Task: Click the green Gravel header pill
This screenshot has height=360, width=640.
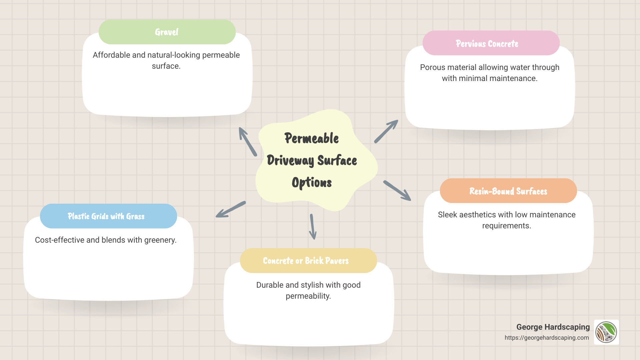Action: tap(167, 32)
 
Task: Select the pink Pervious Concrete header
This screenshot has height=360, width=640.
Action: tap(491, 43)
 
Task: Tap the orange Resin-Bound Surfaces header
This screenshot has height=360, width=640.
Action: tap(508, 191)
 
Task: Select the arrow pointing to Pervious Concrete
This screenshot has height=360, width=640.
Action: tap(386, 131)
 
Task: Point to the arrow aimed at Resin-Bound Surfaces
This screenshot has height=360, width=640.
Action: tap(397, 191)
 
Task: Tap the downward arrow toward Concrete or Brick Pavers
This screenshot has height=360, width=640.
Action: tap(312, 227)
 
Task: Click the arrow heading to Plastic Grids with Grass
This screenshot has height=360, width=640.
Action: tap(231, 209)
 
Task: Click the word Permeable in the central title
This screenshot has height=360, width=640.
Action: tap(311, 138)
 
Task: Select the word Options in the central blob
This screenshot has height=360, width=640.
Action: tap(312, 183)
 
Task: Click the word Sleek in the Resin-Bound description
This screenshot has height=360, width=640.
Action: tap(447, 215)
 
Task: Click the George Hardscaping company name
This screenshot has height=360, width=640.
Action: tap(553, 327)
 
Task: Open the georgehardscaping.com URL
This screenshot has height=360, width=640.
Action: tap(546, 338)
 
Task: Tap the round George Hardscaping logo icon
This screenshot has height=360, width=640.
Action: tap(606, 332)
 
